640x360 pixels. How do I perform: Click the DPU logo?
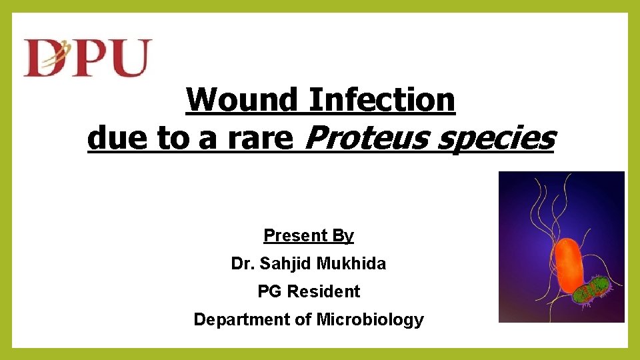[x=87, y=58]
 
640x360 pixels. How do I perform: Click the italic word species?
[x=501, y=139]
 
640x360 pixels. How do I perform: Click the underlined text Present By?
[x=309, y=235]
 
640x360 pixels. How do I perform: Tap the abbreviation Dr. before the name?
[x=242, y=264]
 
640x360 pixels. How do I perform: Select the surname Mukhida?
[x=351, y=264]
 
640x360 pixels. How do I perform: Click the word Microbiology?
[x=370, y=320]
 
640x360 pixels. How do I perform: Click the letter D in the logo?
[x=43, y=58]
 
